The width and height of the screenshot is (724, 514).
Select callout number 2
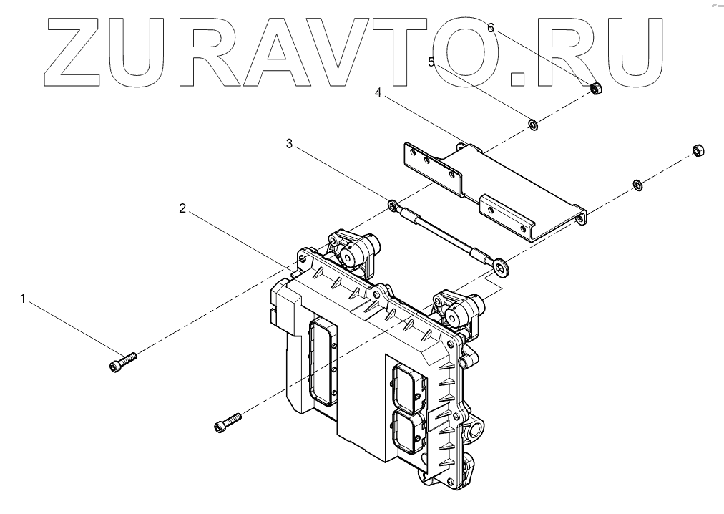tap(182, 209)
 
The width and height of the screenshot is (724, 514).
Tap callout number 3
tap(289, 144)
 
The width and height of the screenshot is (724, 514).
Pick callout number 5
tap(431, 62)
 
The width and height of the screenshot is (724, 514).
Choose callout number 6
tap(491, 27)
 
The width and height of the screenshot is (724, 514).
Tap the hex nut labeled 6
tap(594, 88)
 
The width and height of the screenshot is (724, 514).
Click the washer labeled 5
tap(533, 126)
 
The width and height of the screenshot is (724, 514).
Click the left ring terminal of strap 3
tap(393, 206)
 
